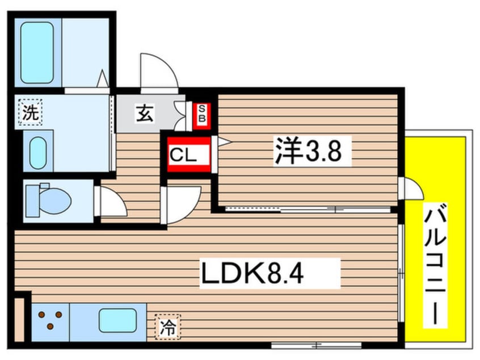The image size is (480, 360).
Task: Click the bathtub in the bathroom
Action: coord(37,53)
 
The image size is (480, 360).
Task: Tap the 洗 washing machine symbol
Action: coord(30,112)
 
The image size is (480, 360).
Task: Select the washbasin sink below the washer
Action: coord(38,153)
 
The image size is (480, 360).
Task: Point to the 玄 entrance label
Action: coord(145,113)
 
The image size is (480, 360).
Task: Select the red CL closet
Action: coord(189,154)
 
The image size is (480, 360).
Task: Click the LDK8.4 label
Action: coord(252,274)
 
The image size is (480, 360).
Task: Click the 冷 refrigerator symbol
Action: coord(168,327)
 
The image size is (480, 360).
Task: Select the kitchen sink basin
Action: coord(117,320)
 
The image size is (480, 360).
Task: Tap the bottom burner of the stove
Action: coord(50,326)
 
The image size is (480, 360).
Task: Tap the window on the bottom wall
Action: coord(317,345)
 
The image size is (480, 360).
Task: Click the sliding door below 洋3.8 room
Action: coord(308,210)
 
